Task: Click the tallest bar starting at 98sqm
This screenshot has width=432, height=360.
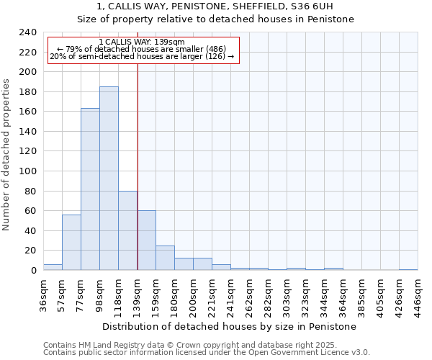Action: tap(109, 179)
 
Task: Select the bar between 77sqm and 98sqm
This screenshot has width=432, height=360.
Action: tap(90, 189)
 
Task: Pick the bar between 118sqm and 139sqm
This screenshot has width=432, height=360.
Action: tap(127, 230)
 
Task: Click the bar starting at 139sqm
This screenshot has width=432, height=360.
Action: tap(146, 240)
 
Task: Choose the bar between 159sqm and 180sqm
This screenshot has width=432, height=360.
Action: tap(165, 258)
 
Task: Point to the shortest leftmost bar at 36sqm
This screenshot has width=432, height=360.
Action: tap(53, 267)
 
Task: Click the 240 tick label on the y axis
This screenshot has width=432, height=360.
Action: tap(27, 32)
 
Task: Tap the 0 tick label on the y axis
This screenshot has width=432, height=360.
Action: tap(33, 271)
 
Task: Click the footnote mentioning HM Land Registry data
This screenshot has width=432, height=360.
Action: tap(180, 345)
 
